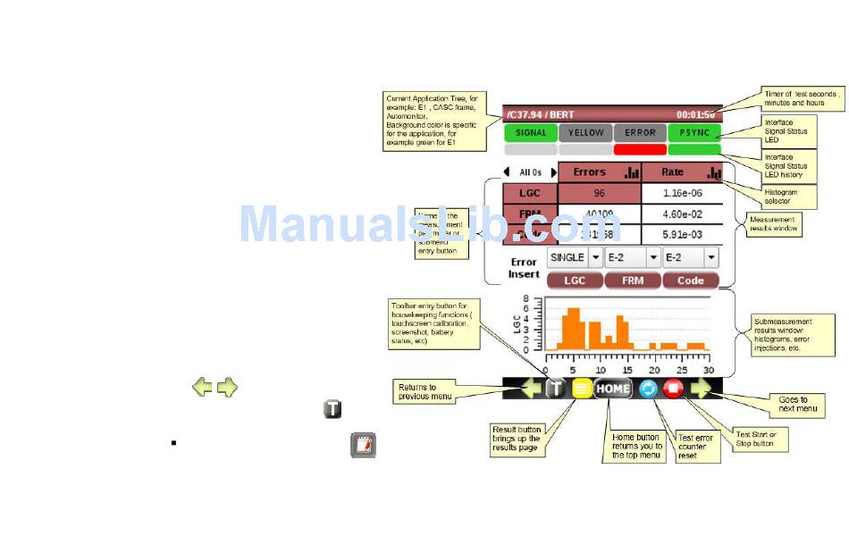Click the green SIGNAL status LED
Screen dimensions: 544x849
[x=530, y=133]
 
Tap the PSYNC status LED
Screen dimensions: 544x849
[x=694, y=133]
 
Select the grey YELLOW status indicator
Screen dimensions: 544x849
[x=585, y=133]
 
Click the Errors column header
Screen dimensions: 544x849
[x=600, y=172]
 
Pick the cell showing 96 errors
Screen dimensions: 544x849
[x=600, y=193]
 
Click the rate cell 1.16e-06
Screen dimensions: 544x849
[x=682, y=193]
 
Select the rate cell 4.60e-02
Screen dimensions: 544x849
[x=682, y=214]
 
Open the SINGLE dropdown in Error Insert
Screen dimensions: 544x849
[x=575, y=257]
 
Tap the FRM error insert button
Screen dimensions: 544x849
[x=632, y=280]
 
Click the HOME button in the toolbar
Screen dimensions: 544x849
[x=613, y=389]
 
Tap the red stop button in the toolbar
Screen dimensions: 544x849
[x=673, y=389]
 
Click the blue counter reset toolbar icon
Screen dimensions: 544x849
[x=648, y=389]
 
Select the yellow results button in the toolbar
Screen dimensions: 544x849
[x=582, y=389]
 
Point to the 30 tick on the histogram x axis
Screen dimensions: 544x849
[x=709, y=370]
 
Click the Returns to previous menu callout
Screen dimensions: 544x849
[x=425, y=391]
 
